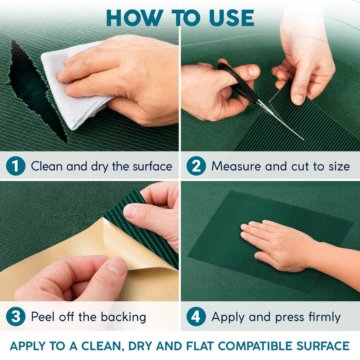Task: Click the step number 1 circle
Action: [15, 166]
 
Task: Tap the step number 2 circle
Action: [196, 166]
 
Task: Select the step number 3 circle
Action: [15, 316]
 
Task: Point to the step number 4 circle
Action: [196, 316]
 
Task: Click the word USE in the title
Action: [231, 18]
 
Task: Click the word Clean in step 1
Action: [47, 166]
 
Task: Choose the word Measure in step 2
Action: [236, 166]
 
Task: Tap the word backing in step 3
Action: [123, 317]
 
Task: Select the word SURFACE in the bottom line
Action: [323, 346]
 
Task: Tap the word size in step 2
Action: [339, 166]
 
